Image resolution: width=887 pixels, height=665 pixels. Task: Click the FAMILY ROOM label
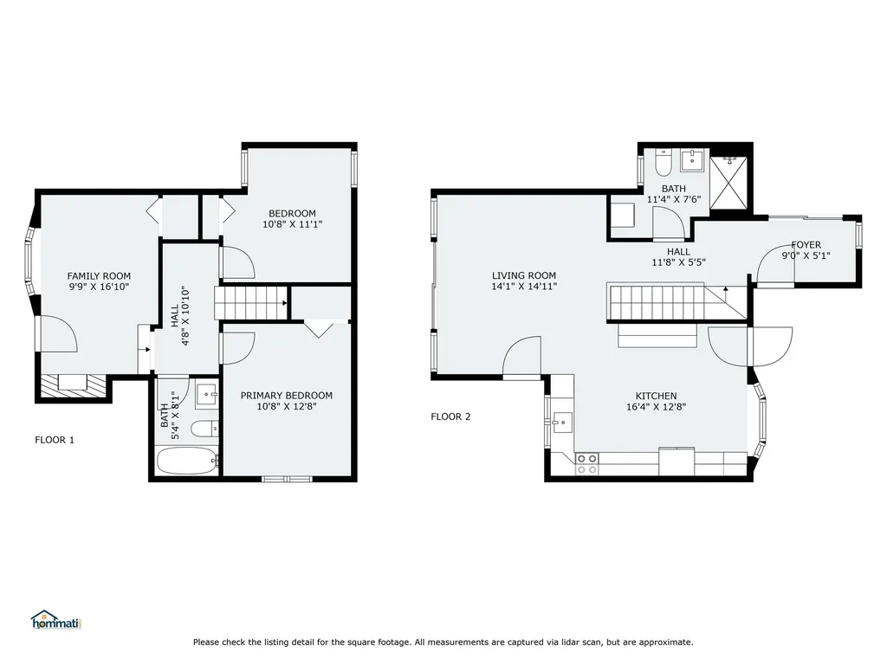coord(99,276)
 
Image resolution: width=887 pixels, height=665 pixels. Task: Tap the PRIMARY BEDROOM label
coord(286,395)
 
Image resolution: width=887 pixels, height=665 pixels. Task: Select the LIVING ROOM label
coord(524,275)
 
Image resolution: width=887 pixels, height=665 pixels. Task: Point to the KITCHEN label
coord(657,396)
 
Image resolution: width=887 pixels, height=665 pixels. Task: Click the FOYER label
coord(806,245)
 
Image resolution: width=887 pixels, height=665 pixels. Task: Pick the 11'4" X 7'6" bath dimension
coord(674,199)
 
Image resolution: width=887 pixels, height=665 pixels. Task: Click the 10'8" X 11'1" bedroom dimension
coord(293,224)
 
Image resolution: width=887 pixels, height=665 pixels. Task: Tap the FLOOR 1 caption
coord(55,440)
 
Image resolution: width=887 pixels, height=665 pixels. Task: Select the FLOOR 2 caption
coord(450,416)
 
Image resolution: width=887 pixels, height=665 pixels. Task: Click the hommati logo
coord(56,620)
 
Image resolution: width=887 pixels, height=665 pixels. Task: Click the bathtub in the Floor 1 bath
coord(187,462)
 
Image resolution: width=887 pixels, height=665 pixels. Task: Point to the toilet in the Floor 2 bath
coord(663,162)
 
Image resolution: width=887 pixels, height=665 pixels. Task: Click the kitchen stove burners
coord(586,464)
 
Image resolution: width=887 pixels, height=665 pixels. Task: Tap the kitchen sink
coord(562,422)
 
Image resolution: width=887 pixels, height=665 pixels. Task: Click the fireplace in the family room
coord(73,384)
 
